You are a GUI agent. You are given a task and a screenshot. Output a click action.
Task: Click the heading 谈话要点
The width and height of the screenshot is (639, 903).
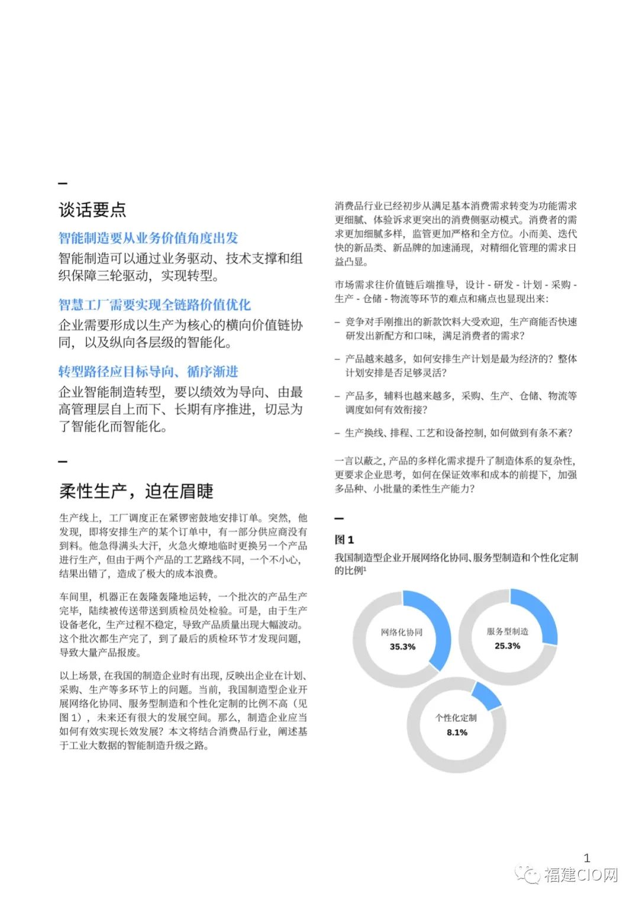[92, 209]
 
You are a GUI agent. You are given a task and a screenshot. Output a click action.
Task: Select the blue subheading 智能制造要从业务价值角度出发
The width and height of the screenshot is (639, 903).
[148, 238]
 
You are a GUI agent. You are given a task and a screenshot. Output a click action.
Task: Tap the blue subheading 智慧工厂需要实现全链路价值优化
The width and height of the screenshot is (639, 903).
[154, 305]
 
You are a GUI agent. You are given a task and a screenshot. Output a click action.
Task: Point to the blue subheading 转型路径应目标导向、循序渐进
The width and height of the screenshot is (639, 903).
[148, 372]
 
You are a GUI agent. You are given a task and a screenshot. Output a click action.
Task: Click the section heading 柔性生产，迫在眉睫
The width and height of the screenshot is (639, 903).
[136, 491]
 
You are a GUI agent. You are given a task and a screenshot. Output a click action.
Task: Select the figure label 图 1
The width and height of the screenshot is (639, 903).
[344, 540]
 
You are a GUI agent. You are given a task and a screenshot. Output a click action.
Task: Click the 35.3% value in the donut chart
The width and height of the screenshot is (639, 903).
[402, 647]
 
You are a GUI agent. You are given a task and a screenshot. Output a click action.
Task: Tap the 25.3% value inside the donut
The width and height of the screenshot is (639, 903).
[508, 646]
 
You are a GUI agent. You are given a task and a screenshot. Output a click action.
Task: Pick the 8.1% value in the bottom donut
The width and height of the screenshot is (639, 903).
[457, 733]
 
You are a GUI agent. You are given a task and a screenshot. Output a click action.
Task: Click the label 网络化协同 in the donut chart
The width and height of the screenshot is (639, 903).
[402, 632]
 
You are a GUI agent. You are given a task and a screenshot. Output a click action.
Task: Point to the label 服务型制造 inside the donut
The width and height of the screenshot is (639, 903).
[508, 631]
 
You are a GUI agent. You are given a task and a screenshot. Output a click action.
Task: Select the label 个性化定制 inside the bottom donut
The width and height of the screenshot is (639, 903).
[456, 718]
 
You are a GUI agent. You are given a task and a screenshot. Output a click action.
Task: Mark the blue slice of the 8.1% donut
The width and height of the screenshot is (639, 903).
[486, 696]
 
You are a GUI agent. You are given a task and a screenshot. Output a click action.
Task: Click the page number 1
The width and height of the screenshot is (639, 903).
[587, 857]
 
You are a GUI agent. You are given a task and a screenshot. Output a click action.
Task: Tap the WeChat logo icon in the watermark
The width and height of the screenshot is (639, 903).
[527, 875]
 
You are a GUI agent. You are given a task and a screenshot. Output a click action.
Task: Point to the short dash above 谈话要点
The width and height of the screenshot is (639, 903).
[63, 183]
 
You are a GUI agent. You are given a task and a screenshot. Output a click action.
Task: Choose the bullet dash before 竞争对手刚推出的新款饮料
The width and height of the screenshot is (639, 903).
[338, 322]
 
